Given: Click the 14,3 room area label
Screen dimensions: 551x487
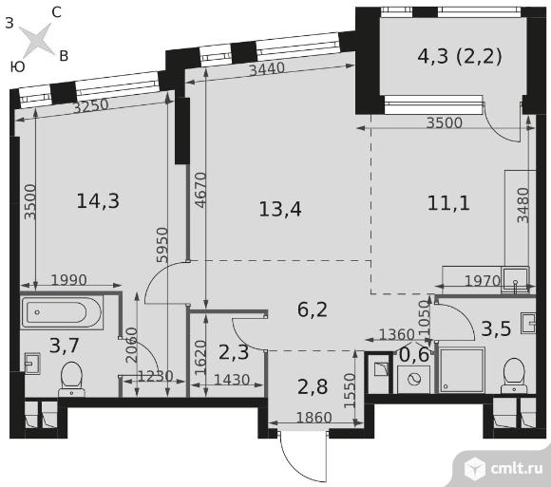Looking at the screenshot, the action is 98,201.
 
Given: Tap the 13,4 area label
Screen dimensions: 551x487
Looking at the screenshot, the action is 280,210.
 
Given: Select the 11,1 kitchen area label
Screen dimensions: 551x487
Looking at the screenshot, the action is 448,203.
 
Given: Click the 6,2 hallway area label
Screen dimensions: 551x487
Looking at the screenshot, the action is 313,310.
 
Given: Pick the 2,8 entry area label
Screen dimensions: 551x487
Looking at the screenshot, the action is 313,387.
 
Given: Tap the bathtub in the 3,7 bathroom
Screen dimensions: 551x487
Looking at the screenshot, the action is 62,312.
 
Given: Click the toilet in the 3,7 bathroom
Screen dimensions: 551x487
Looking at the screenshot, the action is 71,380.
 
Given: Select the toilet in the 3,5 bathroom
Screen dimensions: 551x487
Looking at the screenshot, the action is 513,376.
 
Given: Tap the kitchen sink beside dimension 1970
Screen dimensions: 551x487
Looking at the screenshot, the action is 516,279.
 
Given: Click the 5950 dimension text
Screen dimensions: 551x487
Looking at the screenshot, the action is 162,245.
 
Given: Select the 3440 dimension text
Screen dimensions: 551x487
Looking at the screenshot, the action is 267,68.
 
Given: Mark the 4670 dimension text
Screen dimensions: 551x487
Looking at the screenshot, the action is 199,190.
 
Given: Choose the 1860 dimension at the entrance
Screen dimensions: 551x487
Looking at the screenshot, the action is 314,418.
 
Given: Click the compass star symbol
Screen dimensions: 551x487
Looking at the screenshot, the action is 36,40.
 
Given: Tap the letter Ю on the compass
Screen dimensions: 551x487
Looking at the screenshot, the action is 17,66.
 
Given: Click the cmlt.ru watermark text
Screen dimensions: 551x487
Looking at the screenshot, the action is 516,468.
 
